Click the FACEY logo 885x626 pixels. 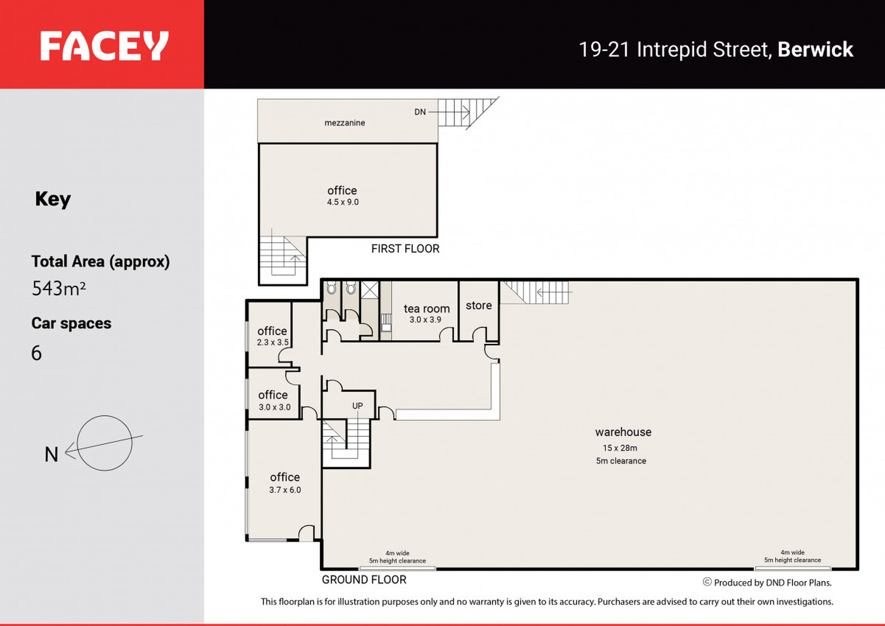104,46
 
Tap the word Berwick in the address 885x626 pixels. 815,49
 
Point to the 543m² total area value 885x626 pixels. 58,288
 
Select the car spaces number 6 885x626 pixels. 37,353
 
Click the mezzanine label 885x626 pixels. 345,123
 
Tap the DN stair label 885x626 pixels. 420,113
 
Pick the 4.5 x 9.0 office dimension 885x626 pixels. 343,202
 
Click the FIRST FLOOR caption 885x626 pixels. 405,249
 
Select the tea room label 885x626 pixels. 427,309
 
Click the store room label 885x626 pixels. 479,305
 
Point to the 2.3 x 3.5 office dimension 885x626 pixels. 272,342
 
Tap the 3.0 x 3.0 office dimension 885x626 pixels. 274,407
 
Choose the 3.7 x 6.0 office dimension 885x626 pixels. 285,490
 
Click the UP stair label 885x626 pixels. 358,406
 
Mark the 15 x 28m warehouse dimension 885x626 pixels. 620,448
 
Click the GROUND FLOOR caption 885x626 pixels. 364,580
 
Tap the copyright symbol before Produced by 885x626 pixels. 707,582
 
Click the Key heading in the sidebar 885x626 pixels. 53,199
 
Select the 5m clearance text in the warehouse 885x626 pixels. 621,461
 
